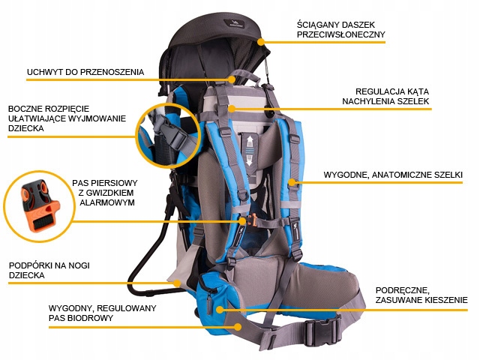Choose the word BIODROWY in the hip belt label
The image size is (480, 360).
coord(91,319)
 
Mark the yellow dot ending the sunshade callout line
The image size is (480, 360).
coord(262,42)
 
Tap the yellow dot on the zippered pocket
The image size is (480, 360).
coord(219,308)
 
